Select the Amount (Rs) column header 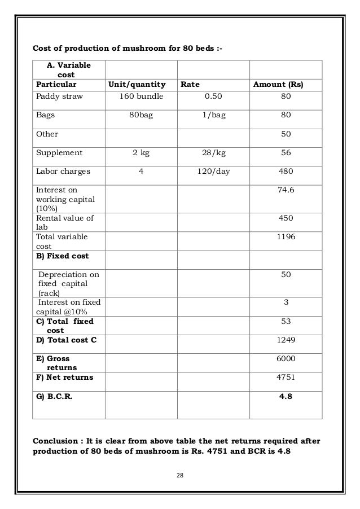[x=278, y=85]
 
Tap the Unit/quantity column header [x=137, y=85]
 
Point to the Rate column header [x=191, y=85]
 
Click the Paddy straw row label [x=59, y=96]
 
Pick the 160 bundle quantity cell [x=141, y=96]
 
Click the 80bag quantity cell [x=141, y=115]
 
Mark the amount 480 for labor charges [x=286, y=171]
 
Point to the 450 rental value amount [x=286, y=218]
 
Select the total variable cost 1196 [x=286, y=237]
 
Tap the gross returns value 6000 [x=286, y=358]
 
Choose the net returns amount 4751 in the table [x=286, y=377]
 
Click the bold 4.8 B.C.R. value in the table [x=286, y=396]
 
